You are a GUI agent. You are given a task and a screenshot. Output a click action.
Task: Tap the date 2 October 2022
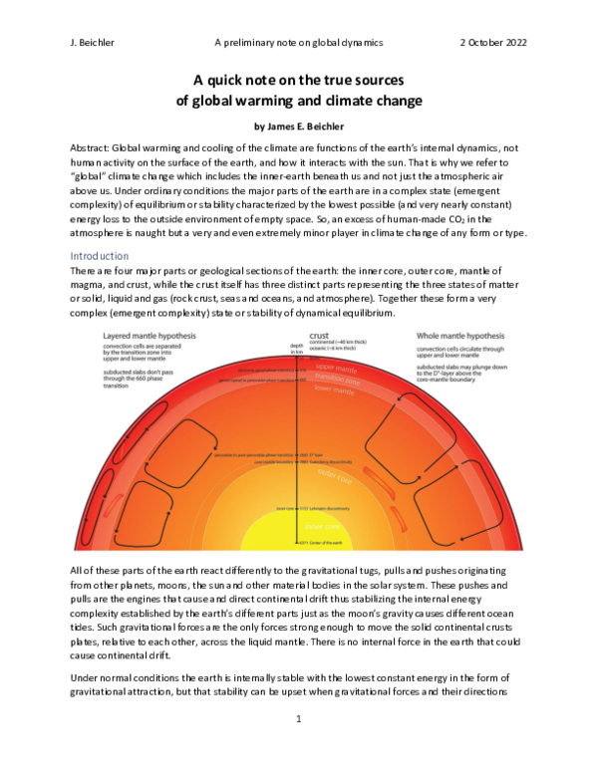click(x=492, y=44)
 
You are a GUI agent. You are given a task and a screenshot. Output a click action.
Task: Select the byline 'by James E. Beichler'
click(x=299, y=128)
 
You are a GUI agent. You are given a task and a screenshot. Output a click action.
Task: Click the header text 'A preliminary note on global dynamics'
click(x=299, y=44)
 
